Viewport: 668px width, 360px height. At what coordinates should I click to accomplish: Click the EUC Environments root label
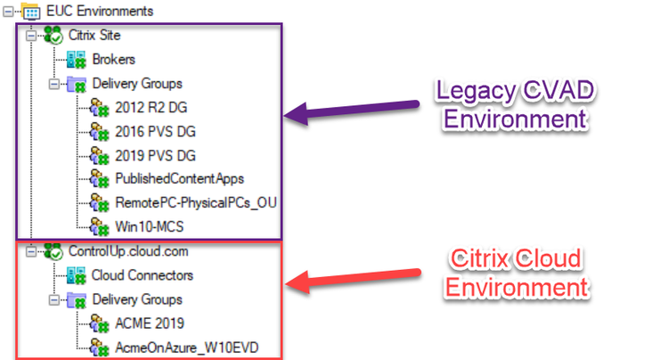point(100,11)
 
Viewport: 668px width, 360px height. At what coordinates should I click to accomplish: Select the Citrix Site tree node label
point(94,35)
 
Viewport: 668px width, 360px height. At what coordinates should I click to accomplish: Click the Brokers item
point(114,59)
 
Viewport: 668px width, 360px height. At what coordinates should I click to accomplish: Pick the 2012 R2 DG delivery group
point(151,107)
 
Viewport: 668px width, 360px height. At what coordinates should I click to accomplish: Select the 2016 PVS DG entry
point(156,132)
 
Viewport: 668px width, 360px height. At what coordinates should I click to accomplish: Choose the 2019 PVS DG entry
point(156,156)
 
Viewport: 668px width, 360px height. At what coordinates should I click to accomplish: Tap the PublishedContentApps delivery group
point(180,179)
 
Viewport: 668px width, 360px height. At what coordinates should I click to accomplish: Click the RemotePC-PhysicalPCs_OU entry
point(196,203)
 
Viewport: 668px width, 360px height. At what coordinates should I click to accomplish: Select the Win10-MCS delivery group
point(150,226)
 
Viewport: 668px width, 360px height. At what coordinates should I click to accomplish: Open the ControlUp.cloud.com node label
point(128,251)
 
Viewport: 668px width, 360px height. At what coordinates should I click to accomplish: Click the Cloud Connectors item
point(143,275)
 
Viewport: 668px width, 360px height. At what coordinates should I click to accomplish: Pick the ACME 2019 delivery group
point(150,323)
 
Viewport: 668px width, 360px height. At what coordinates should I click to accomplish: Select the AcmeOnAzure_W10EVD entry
point(187,348)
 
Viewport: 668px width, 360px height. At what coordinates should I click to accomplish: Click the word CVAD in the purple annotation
point(558,90)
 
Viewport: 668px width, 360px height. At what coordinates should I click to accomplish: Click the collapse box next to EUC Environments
point(8,12)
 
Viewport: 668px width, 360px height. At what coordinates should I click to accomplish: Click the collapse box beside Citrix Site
point(30,36)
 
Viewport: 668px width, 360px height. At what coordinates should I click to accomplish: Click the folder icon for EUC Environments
point(30,11)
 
